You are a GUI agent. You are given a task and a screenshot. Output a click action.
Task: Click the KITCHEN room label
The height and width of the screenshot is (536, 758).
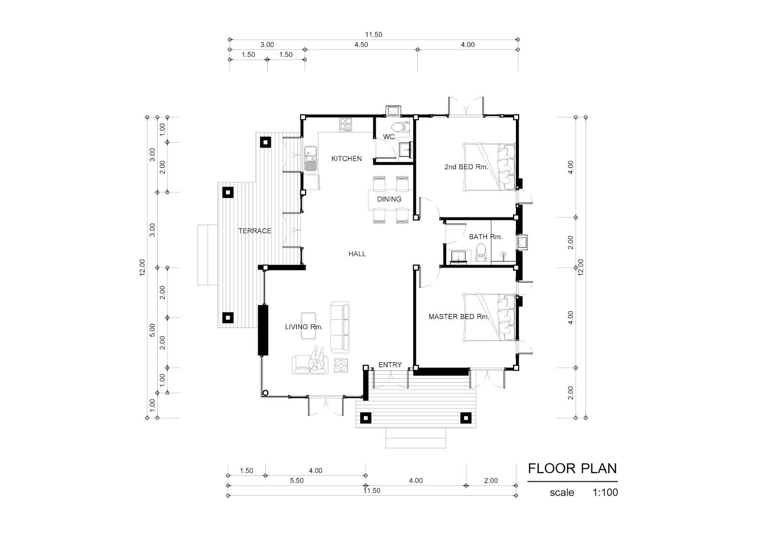point(346,158)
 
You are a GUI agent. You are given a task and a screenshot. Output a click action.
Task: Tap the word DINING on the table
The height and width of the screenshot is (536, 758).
point(389,199)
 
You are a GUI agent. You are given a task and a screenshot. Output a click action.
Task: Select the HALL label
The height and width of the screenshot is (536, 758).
point(357,254)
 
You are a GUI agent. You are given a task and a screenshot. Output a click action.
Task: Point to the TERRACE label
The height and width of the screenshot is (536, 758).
point(255,231)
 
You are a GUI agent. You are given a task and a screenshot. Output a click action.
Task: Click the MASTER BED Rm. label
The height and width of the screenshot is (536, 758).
point(459,317)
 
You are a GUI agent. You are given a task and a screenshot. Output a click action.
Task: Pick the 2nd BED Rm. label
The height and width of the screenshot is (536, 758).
point(466,167)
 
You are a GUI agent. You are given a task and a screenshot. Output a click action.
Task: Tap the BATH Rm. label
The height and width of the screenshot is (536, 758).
point(486,236)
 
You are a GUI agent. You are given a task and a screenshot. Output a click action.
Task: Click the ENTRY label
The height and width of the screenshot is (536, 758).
point(390,364)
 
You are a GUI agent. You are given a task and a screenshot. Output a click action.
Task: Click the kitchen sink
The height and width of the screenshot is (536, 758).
point(73,158)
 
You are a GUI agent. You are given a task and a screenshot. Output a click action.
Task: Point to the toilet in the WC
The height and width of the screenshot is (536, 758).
point(400,127)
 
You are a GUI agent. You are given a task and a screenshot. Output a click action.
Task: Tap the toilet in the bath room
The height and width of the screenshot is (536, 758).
point(480,252)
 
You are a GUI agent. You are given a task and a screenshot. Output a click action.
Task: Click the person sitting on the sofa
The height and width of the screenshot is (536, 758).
point(317,360)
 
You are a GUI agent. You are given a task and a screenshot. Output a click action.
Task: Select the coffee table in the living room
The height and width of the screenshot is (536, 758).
point(308,326)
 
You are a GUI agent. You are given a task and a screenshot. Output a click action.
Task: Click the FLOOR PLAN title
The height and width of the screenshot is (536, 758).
point(573,469)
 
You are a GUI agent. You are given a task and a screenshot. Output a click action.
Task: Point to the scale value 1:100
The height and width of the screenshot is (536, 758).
point(605,492)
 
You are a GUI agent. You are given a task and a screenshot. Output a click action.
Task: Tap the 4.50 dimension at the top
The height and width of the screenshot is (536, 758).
point(361,45)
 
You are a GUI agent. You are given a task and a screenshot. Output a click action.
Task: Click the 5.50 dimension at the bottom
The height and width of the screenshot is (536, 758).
point(297,481)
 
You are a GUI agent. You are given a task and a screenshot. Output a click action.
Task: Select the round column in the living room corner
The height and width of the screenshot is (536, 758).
point(266,393)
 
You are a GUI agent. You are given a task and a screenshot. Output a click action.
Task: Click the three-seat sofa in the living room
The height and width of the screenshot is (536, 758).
point(340,327)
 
